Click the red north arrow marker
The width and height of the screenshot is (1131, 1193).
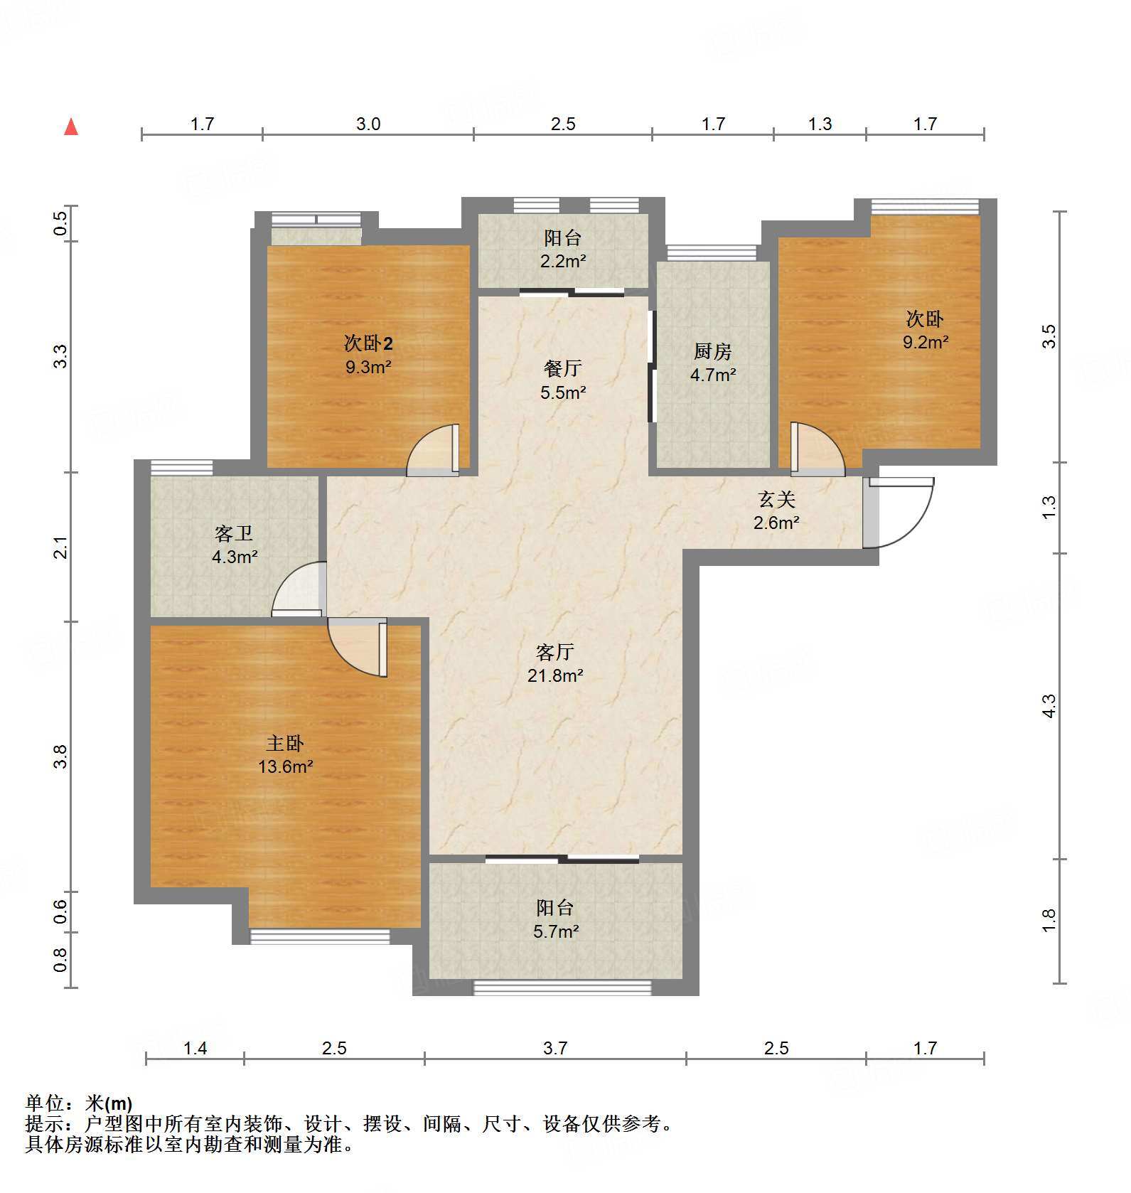[71, 127]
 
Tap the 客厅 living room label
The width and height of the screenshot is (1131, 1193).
[554, 652]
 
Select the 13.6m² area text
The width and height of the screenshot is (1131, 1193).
[286, 766]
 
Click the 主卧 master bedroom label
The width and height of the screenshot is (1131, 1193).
[285, 743]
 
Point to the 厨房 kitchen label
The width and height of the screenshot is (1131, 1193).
[712, 351]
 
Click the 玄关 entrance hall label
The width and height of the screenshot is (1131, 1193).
[776, 500]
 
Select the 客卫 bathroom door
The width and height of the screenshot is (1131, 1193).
[299, 589]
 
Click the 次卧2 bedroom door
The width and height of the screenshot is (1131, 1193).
[433, 450]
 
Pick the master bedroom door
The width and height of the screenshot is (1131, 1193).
[358, 648]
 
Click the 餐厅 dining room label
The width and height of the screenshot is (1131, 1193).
[562, 368]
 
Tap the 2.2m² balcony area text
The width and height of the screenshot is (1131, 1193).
[563, 261]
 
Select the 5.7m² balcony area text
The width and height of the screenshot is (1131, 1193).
[556, 931]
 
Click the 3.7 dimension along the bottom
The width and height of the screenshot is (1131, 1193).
[555, 1048]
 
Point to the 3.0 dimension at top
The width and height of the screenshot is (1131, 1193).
[368, 124]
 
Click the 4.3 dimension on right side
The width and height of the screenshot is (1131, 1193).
[1049, 706]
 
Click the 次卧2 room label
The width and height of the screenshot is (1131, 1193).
[368, 343]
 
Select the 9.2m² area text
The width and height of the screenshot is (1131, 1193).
[926, 342]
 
